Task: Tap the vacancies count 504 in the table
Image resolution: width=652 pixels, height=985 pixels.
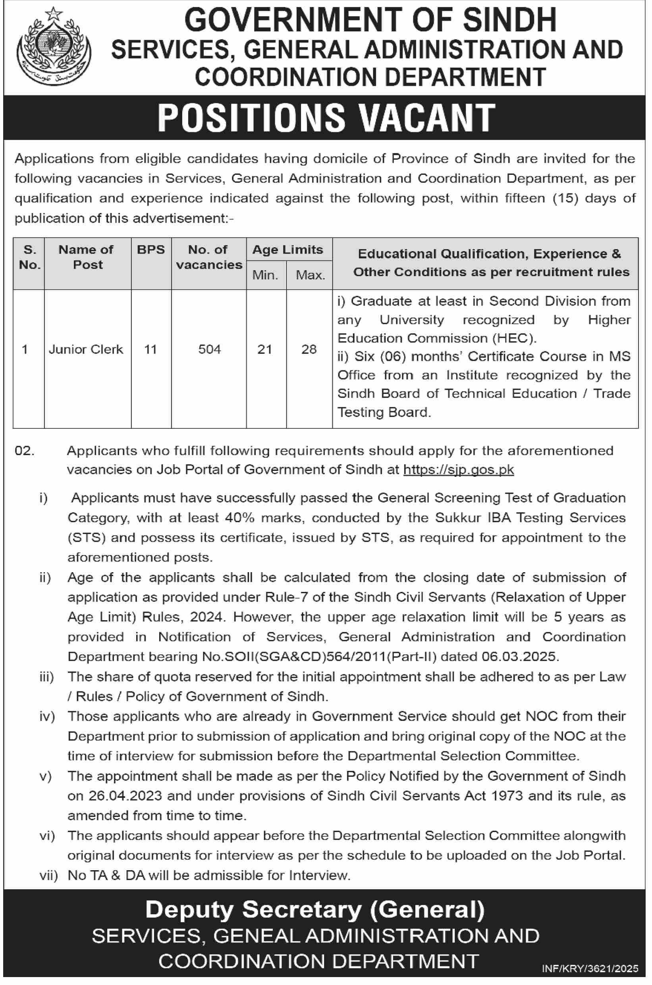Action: pyautogui.click(x=209, y=349)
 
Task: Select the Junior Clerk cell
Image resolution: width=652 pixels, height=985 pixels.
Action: pyautogui.click(x=86, y=349)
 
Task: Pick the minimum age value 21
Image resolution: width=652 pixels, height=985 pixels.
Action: pyautogui.click(x=265, y=349)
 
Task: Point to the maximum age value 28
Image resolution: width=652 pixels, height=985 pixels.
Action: pyautogui.click(x=309, y=349)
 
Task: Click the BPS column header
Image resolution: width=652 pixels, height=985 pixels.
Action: pyautogui.click(x=151, y=250)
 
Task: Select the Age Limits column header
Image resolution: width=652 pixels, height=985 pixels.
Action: pyautogui.click(x=288, y=250)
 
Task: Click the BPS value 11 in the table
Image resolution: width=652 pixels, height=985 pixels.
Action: pyautogui.click(x=150, y=349)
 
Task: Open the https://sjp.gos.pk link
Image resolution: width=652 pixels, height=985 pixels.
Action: pyautogui.click(x=458, y=470)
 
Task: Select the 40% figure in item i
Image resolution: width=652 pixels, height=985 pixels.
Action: pyautogui.click(x=239, y=518)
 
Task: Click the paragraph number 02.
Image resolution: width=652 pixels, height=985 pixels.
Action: pyautogui.click(x=24, y=451)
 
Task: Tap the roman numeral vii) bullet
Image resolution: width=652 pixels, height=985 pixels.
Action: pyautogui.click(x=48, y=876)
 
